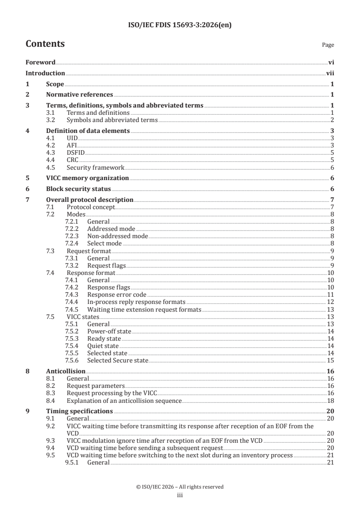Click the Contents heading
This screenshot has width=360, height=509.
click(45, 44)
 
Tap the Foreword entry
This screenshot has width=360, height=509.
click(40, 63)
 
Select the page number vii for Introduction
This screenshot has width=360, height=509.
click(330, 73)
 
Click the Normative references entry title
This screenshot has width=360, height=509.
click(79, 95)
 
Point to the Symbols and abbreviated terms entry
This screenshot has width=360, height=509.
click(112, 120)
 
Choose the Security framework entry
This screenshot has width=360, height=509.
click(95, 167)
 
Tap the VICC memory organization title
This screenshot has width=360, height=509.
click(87, 178)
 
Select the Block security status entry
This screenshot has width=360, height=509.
click(78, 189)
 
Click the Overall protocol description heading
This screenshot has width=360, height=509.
click(89, 200)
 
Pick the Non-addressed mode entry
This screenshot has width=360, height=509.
click(117, 236)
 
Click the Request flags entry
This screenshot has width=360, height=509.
click(106, 265)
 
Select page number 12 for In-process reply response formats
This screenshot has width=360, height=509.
click(331, 302)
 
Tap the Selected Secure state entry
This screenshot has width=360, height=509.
click(118, 360)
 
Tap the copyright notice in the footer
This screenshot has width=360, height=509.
click(180, 487)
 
